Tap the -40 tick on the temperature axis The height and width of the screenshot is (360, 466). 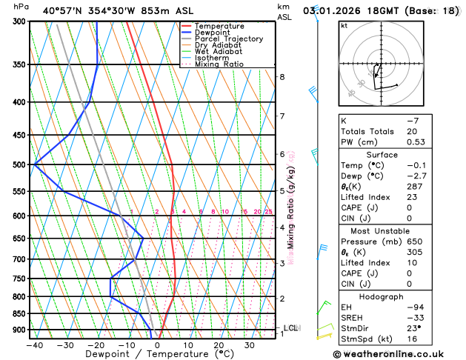34,345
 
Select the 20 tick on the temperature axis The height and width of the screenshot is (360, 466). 219,345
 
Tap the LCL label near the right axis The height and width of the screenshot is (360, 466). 291,327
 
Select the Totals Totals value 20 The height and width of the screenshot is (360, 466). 412,131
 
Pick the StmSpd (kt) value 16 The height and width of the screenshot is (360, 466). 412,340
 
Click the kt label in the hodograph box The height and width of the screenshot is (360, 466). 344,26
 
